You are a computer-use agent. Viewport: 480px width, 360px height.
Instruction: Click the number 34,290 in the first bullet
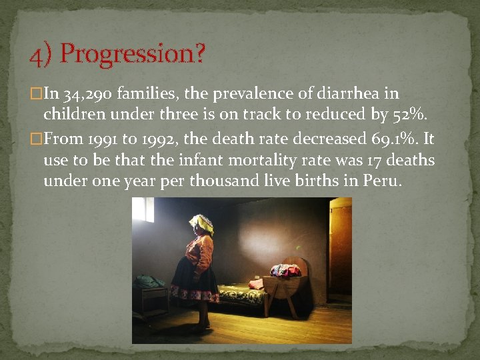pos(94,95)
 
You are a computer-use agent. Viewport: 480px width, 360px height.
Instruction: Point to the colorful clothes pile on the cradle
pos(285,270)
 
